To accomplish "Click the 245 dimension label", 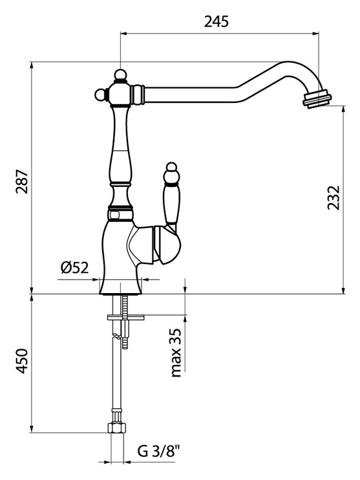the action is click(217, 22).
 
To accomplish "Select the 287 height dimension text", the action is click(23, 181).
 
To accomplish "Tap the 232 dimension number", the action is click(334, 197).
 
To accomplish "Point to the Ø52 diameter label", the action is click(74, 268).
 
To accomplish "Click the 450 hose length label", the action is click(23, 361).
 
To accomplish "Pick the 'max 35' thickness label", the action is click(176, 353).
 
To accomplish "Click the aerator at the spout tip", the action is click(317, 98).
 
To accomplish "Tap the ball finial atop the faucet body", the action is click(120, 74).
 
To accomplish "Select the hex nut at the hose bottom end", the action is click(116, 428).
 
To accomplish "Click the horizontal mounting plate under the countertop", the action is click(126, 318).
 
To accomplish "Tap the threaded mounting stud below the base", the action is click(125, 322).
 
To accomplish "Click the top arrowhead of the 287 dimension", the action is click(32, 65).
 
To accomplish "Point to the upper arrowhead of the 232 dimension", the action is click(344, 109).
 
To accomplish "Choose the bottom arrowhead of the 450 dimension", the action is click(32, 428).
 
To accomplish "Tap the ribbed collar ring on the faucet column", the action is click(120, 213).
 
